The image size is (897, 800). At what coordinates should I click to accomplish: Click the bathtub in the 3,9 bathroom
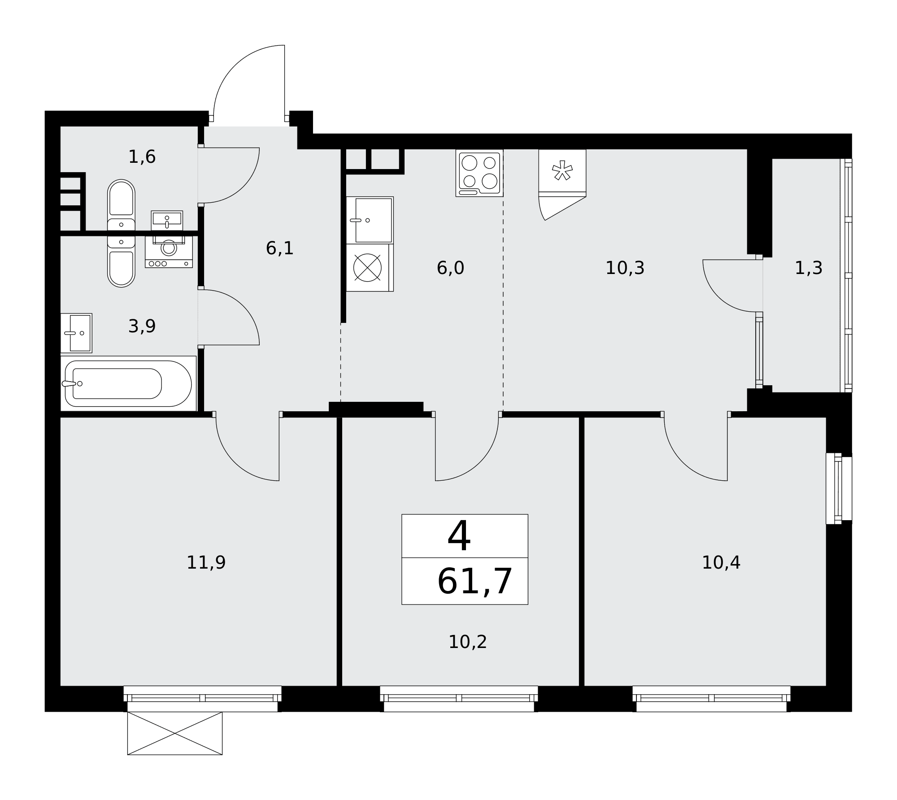pos(128,383)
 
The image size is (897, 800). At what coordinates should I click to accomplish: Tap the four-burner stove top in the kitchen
pos(479,173)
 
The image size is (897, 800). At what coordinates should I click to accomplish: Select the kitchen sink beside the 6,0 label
pos(370,220)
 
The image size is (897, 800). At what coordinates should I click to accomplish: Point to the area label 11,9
pos(206,562)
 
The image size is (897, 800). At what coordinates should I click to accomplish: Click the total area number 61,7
pos(475,582)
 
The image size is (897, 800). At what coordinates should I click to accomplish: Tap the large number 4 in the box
pos(459,536)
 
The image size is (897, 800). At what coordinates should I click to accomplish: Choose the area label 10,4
pos(721,562)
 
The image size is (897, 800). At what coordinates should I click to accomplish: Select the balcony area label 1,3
pos(809,268)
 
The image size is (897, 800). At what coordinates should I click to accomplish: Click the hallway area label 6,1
pos(280,248)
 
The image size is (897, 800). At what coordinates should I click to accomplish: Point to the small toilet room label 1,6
pos(142,157)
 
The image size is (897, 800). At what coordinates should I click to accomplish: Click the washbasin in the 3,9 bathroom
pos(76,333)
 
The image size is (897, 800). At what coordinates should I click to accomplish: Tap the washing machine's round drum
pos(169,248)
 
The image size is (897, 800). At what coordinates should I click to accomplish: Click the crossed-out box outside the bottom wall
pos(175,733)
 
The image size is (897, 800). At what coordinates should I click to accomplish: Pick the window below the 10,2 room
pos(459,699)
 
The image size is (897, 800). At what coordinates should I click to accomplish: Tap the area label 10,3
pos(625,268)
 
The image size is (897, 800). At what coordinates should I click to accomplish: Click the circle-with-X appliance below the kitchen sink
pos(367,268)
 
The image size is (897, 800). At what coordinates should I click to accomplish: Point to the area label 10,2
pos(467,642)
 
